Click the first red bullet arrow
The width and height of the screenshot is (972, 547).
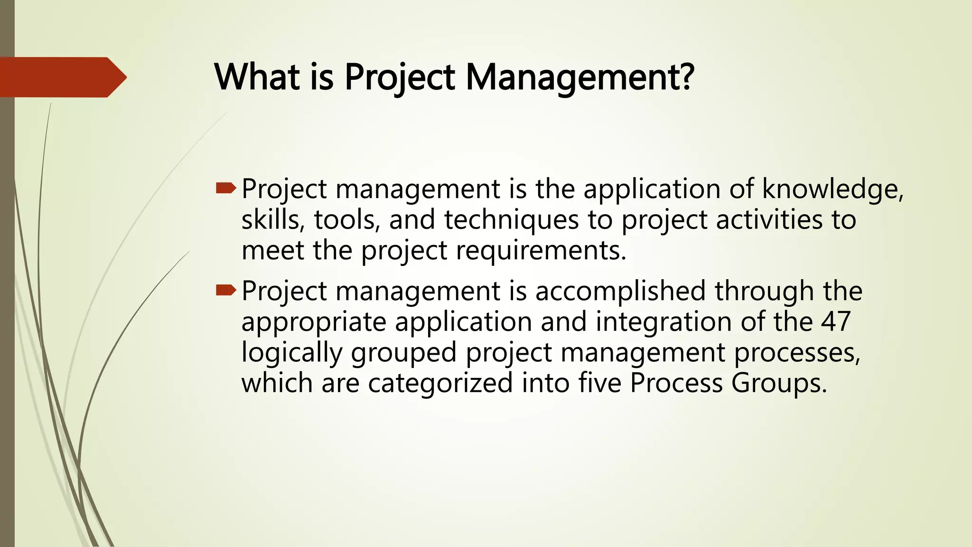(x=225, y=189)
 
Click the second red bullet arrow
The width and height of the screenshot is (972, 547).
(x=225, y=291)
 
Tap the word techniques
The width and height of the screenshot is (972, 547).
(x=511, y=220)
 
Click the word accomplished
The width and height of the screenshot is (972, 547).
(x=620, y=291)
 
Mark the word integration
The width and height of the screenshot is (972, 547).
(x=663, y=322)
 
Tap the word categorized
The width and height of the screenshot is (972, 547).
(x=440, y=383)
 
